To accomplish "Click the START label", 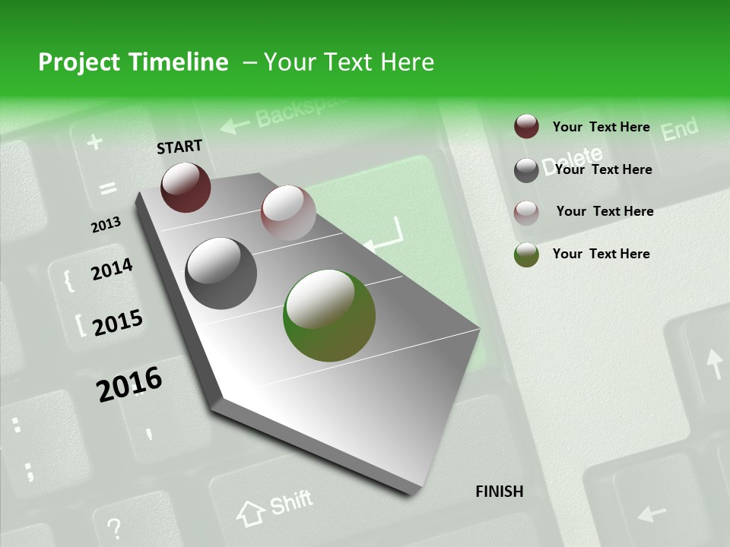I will [179, 146].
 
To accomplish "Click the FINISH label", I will [500, 492].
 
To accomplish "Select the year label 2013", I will [106, 225].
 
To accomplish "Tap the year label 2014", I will [112, 270].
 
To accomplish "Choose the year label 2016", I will [129, 384].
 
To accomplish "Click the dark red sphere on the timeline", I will [186, 187].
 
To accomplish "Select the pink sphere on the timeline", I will [288, 213].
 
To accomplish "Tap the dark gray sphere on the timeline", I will [221, 273].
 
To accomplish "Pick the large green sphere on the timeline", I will [329, 315].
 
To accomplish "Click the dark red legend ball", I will [526, 127].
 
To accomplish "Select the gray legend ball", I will [526, 169].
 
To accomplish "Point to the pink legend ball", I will [526, 212].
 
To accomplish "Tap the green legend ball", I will [526, 255].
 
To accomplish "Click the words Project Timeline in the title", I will [133, 62].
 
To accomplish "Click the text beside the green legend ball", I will [601, 254].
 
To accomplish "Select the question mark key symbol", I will [114, 526].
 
